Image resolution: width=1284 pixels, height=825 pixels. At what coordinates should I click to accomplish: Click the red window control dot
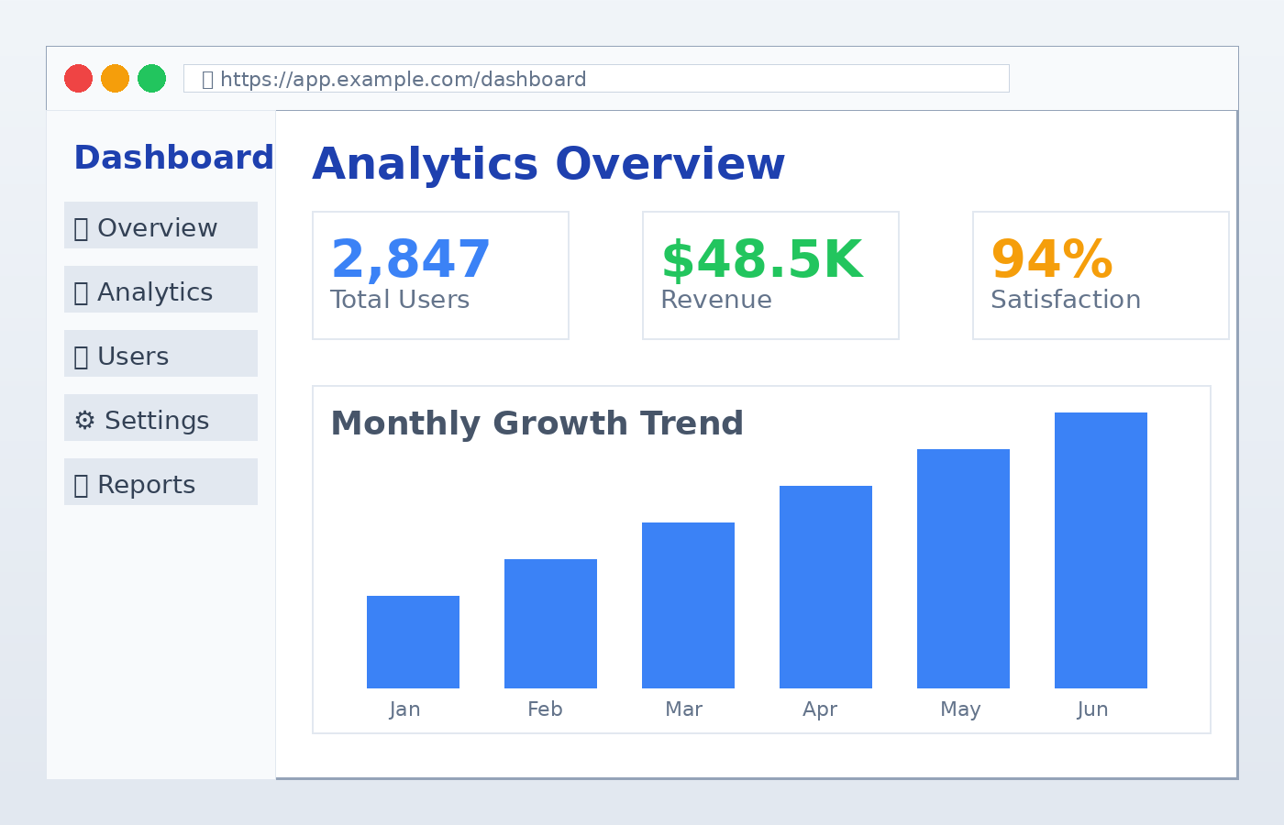tap(78, 79)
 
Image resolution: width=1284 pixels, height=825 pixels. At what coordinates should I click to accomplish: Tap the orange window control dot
tap(115, 79)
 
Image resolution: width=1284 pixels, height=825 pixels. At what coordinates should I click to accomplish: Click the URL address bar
tap(596, 79)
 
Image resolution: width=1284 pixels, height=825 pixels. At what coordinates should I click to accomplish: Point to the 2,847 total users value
tap(410, 260)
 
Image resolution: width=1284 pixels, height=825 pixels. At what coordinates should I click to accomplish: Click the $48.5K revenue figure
tap(761, 260)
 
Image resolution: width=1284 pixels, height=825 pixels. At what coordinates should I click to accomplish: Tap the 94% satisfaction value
tap(1052, 260)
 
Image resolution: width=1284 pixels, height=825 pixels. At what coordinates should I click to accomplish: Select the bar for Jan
tap(413, 642)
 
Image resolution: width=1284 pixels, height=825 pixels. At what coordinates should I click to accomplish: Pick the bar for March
tap(688, 605)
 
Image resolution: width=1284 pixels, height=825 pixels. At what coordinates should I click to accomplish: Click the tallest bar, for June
tap(1101, 550)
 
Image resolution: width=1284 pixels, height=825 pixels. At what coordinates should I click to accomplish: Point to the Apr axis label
tap(820, 709)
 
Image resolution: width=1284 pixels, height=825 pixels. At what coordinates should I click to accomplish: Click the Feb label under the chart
tap(545, 709)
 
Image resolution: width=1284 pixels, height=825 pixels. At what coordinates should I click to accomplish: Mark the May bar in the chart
tap(963, 568)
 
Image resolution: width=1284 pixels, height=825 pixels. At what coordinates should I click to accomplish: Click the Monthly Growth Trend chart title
tap(537, 423)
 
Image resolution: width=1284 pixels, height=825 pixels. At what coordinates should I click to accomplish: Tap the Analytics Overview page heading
tap(548, 165)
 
